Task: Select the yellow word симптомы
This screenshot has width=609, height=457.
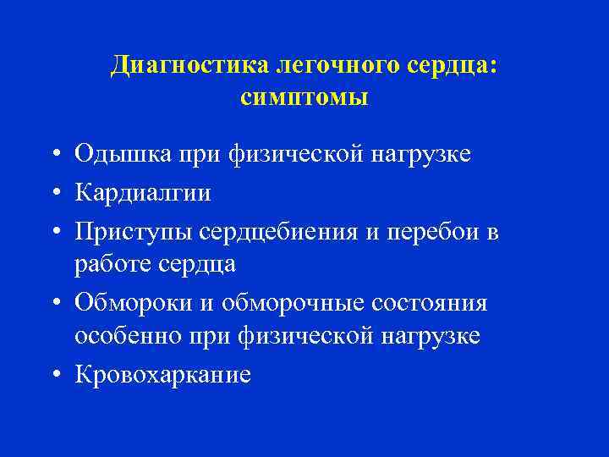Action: (x=304, y=98)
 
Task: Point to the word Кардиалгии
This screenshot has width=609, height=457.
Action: (x=143, y=193)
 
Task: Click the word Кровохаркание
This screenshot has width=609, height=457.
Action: (x=162, y=373)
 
